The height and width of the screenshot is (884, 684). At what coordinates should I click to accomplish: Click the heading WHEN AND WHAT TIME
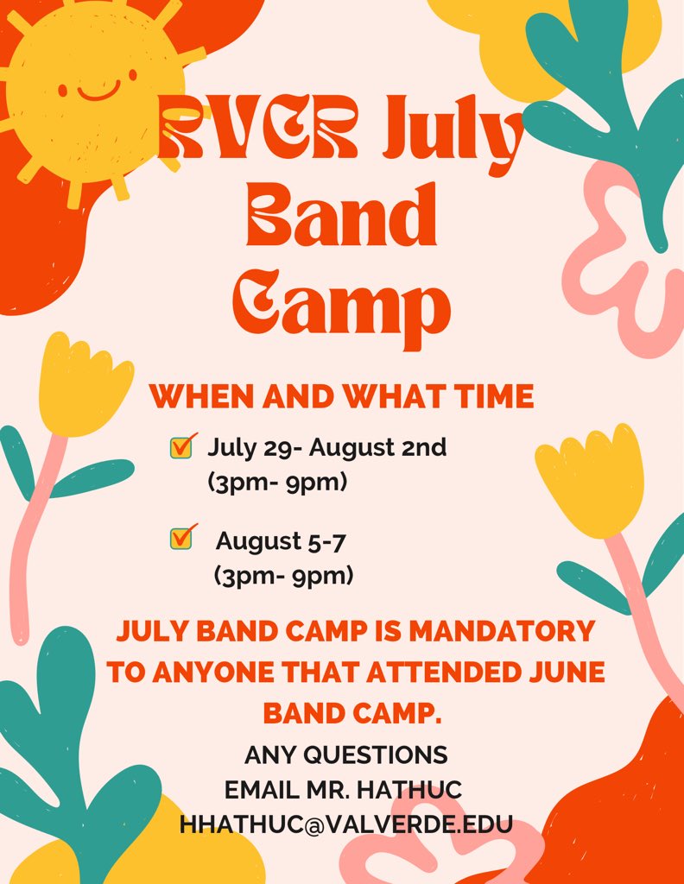pyautogui.click(x=341, y=396)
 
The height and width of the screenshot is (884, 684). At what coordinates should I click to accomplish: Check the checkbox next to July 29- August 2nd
pyautogui.click(x=181, y=447)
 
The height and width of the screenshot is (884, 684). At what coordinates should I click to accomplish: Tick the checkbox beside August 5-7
pyautogui.click(x=181, y=538)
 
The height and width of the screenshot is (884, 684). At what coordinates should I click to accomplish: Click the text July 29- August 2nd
pyautogui.click(x=326, y=448)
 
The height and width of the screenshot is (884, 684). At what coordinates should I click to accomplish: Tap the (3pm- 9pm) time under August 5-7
pyautogui.click(x=282, y=575)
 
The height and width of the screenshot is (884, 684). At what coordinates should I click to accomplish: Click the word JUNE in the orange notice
pyautogui.click(x=557, y=672)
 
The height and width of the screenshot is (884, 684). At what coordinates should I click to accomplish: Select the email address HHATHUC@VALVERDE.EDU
pyautogui.click(x=345, y=824)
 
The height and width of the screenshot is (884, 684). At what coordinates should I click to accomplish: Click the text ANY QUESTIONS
pyautogui.click(x=345, y=755)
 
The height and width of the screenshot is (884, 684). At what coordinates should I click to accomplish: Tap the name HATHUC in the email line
pyautogui.click(x=419, y=789)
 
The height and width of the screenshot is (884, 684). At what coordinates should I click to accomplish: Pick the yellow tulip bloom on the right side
pyautogui.click(x=594, y=480)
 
